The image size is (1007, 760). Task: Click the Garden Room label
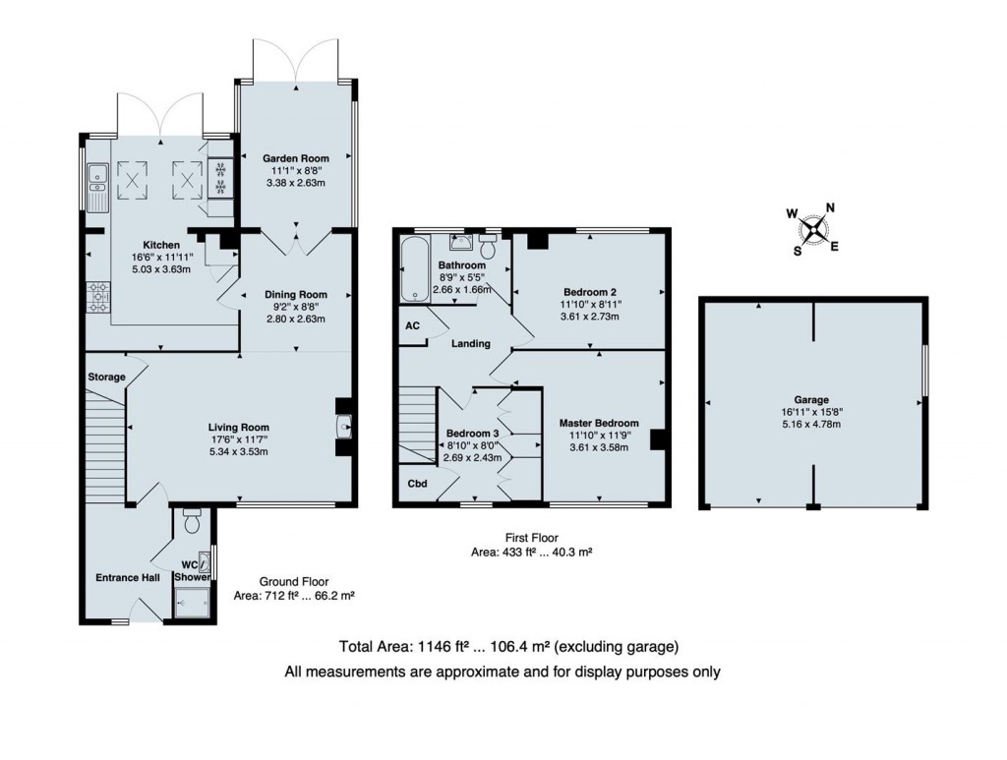(294, 157)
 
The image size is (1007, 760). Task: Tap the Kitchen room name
(161, 244)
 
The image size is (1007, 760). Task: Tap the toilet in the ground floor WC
(192, 520)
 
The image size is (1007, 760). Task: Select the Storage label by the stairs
(105, 377)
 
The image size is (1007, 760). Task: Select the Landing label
(471, 344)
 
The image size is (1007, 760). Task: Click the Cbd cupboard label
(417, 484)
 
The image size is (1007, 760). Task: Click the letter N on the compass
(829, 207)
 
